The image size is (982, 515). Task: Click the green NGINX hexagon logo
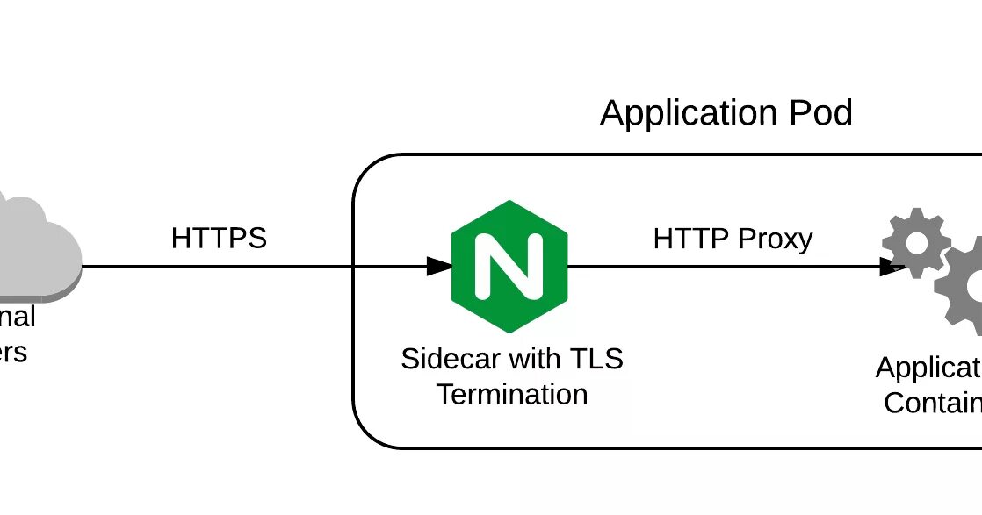[x=509, y=266]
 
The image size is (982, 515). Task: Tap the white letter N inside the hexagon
[x=509, y=266]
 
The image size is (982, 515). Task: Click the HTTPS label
[x=219, y=239]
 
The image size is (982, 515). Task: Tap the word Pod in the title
[x=819, y=114]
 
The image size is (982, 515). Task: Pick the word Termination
[x=512, y=395]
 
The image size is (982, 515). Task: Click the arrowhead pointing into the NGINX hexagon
[x=439, y=266]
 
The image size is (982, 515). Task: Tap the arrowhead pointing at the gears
[x=892, y=266]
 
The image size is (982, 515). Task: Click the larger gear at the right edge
[x=964, y=284]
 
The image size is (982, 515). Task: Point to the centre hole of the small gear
[x=916, y=243]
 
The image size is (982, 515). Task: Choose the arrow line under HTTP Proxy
[x=720, y=266]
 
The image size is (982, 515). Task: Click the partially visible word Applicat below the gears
[x=928, y=368]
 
